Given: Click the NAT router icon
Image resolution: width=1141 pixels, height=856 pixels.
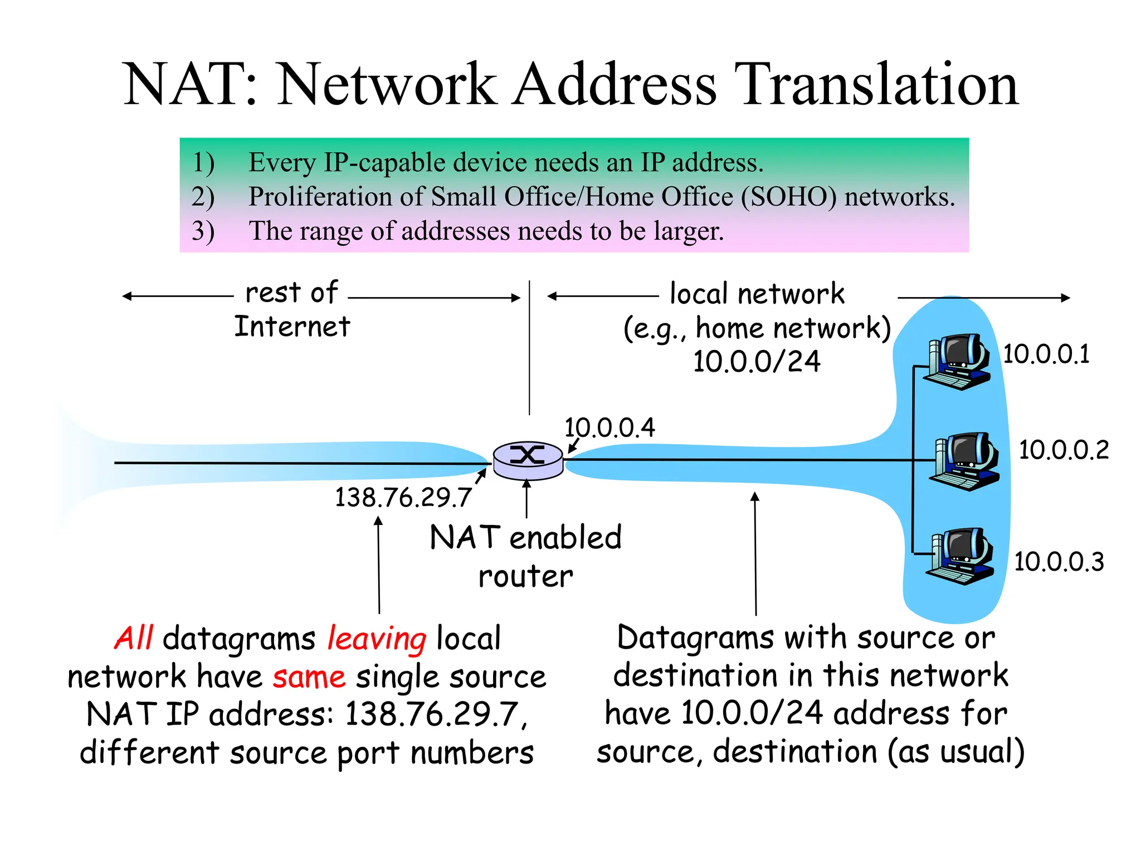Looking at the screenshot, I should pyautogui.click(x=528, y=460).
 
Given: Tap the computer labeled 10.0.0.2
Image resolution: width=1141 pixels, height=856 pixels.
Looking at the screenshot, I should pyautogui.click(x=964, y=461).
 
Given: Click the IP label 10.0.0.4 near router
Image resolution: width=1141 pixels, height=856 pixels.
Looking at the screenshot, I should pyautogui.click(x=609, y=428).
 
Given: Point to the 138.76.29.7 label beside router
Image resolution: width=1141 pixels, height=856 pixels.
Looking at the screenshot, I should pyautogui.click(x=403, y=497).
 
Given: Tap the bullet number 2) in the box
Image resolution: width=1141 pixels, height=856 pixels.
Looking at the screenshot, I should pyautogui.click(x=203, y=197).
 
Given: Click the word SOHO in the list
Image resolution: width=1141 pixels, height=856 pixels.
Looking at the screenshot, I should pyautogui.click(x=788, y=197).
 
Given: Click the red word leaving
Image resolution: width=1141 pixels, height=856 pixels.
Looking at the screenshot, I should pyautogui.click(x=377, y=639).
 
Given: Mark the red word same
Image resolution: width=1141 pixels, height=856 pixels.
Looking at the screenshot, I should pyautogui.click(x=309, y=677).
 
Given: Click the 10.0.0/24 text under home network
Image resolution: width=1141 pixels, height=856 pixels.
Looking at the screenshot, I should pyautogui.click(x=756, y=361).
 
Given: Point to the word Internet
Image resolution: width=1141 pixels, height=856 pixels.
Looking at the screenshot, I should pyautogui.click(x=292, y=327).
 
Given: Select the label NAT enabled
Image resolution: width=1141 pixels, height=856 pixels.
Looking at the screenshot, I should pyautogui.click(x=525, y=538).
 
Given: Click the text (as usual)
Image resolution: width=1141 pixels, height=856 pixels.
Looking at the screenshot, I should pyautogui.click(x=955, y=752).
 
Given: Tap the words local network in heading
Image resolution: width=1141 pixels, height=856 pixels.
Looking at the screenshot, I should pyautogui.click(x=757, y=294).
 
